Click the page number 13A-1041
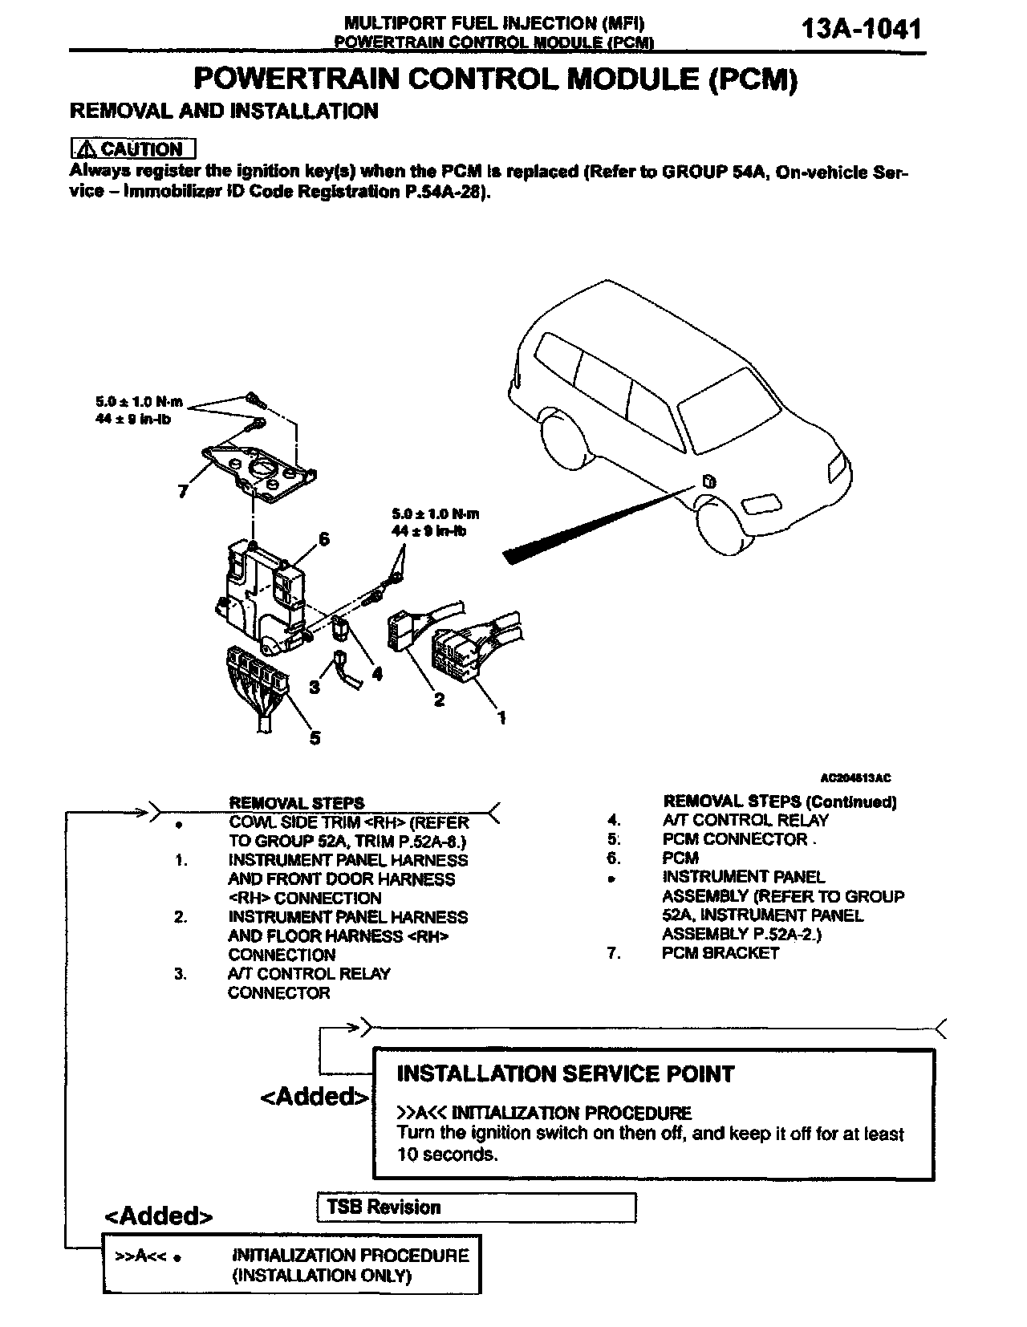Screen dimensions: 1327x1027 click(861, 30)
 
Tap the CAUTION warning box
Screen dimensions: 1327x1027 click(133, 149)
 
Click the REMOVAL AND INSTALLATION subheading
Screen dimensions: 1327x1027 click(224, 111)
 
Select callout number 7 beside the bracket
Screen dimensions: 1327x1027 click(183, 492)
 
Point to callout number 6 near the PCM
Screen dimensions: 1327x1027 click(324, 539)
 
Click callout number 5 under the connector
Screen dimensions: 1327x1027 click(315, 737)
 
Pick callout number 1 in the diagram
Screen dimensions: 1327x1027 click(501, 717)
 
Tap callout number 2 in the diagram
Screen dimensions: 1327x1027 click(439, 700)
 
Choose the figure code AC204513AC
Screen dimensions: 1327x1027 click(856, 777)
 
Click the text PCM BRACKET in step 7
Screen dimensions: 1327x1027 click(721, 953)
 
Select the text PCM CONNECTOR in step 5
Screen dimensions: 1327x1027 click(735, 839)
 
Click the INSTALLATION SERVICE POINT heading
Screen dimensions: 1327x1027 click(566, 1073)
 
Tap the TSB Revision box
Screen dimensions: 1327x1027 click(477, 1207)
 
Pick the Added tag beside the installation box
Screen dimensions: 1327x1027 click(314, 1096)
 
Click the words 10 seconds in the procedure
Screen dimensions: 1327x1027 click(447, 1155)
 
